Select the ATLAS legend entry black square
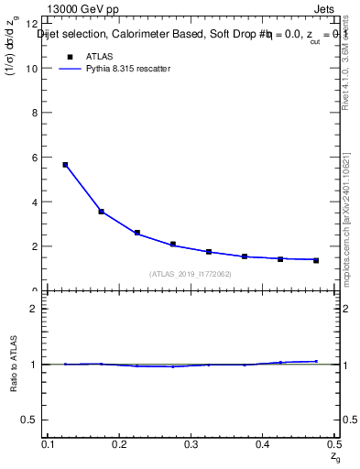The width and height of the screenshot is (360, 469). pos(70,57)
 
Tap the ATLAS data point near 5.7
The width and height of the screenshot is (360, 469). pos(65,165)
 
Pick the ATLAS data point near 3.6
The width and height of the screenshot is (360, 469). pos(101,212)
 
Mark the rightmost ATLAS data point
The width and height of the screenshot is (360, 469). pos(316,260)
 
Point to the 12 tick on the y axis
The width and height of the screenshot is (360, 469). pos(35,24)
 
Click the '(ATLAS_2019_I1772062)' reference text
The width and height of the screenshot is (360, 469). pos(191,274)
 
